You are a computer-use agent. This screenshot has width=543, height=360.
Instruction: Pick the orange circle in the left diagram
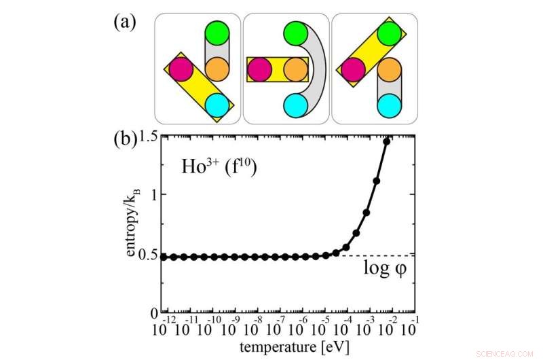[217, 69]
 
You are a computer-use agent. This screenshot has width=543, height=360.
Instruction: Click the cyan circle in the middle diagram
[297, 106]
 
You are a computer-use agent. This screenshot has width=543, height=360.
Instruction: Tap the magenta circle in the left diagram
[179, 69]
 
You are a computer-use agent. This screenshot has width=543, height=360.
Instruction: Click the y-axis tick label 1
[153, 195]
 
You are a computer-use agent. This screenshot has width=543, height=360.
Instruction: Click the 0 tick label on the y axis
[153, 313]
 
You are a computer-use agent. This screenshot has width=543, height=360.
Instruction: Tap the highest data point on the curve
[388, 141]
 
